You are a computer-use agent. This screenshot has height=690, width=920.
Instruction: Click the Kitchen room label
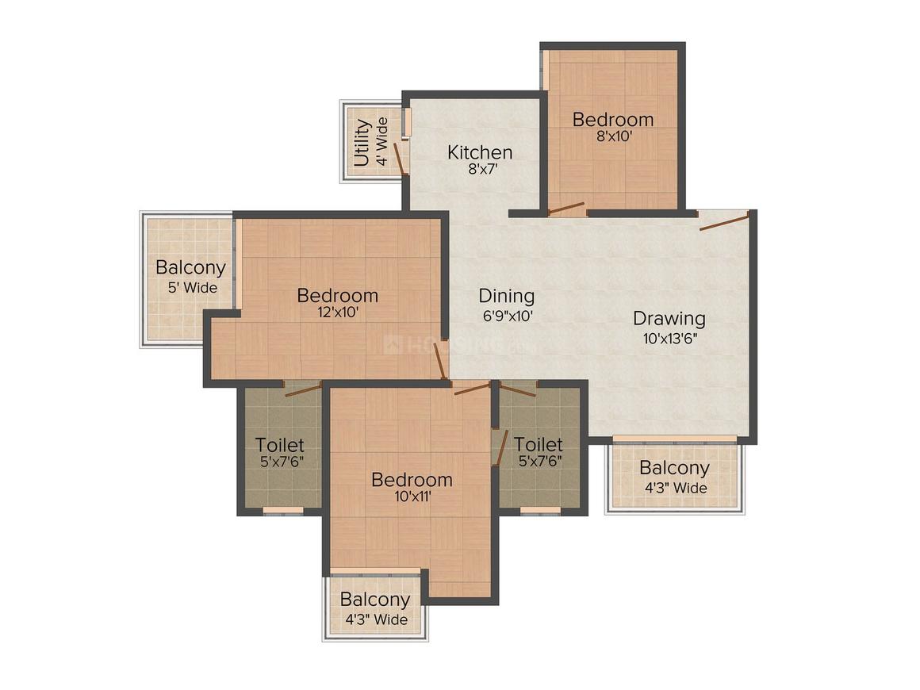tap(480, 152)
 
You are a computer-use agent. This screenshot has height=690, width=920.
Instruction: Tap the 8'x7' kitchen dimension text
tap(481, 170)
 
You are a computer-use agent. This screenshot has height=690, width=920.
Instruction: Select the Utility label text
tap(362, 144)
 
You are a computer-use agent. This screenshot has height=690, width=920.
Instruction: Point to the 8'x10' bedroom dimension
tap(612, 136)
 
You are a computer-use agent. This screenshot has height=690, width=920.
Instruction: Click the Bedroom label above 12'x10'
tap(337, 295)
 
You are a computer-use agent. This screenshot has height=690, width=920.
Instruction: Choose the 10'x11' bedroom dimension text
tap(412, 497)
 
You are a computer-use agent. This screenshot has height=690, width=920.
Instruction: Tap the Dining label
tap(506, 296)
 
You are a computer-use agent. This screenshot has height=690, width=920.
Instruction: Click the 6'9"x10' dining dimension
tap(508, 316)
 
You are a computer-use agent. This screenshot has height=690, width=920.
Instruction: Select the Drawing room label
tap(669, 319)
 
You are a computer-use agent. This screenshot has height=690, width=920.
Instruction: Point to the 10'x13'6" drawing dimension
tap(669, 338)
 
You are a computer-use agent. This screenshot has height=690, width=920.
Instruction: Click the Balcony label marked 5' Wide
tap(190, 267)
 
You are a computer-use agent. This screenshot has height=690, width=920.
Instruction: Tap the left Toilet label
tap(279, 445)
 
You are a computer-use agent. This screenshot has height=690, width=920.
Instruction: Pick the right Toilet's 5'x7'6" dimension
tap(540, 461)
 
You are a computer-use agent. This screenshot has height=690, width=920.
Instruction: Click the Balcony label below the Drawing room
tap(674, 468)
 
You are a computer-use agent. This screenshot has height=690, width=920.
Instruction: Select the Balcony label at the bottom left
tap(374, 600)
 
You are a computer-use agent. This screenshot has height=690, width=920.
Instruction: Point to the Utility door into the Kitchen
tap(401, 158)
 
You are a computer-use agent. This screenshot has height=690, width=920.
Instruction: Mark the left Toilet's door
tap(303, 389)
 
